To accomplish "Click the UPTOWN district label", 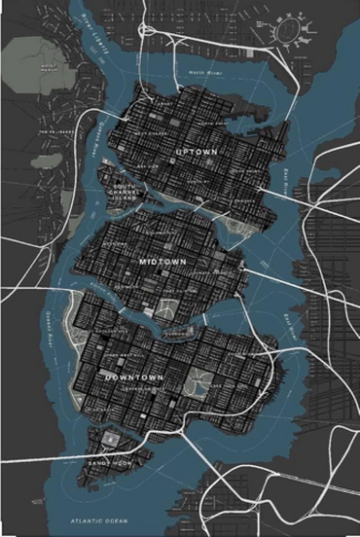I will click(196, 153).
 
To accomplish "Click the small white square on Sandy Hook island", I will click(109, 440).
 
